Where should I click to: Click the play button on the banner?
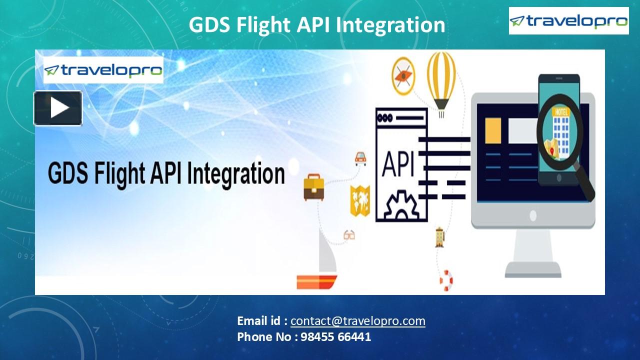click(58, 108)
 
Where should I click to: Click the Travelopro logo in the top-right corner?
click(568, 21)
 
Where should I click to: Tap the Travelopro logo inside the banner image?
click(103, 70)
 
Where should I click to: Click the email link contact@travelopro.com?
click(357, 321)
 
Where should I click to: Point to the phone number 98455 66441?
click(335, 337)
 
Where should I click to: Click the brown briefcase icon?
click(313, 187)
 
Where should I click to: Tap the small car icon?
click(360, 158)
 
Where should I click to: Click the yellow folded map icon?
click(359, 200)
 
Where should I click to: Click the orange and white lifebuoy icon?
click(446, 280)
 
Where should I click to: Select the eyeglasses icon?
click(349, 234)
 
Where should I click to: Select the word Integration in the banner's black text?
click(236, 173)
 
